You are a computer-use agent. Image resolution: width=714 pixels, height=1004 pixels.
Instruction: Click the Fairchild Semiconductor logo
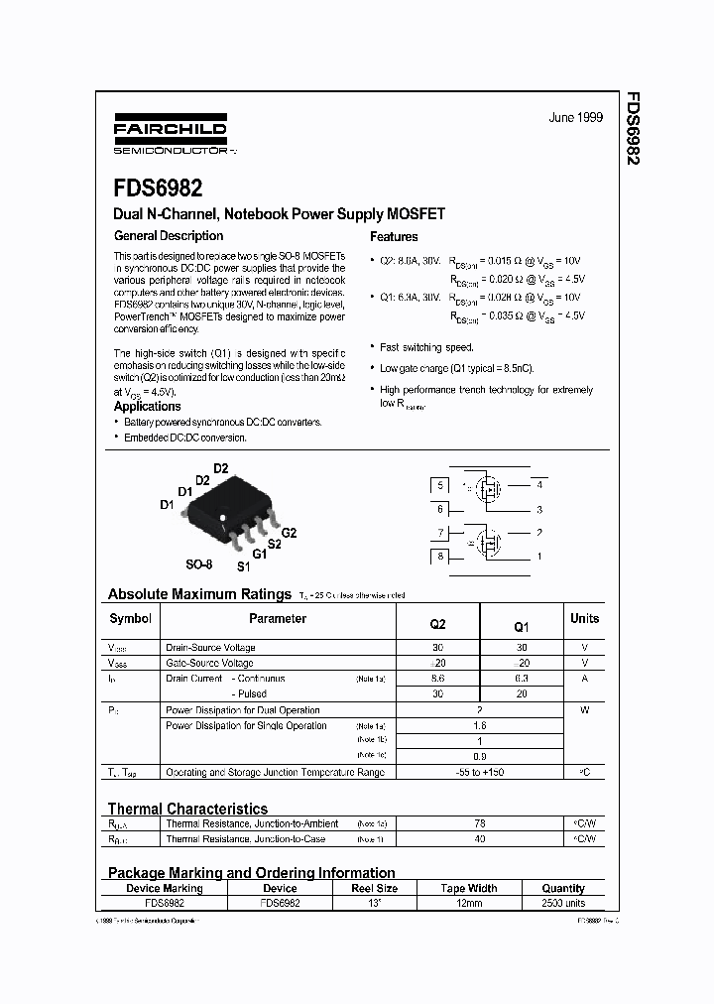170,138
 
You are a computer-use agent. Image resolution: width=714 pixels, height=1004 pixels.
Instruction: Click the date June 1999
575,117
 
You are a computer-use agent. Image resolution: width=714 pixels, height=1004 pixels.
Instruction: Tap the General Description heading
169,236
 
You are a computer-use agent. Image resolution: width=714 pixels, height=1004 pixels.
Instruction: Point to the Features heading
394,237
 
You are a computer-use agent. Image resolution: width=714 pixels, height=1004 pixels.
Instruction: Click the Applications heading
147,407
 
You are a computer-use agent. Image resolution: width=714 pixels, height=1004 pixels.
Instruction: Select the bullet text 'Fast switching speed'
427,347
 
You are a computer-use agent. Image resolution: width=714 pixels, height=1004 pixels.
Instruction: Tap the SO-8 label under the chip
199,564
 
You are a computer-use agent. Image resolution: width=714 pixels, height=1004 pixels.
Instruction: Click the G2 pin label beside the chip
290,533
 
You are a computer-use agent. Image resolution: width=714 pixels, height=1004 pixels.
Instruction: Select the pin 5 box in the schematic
438,485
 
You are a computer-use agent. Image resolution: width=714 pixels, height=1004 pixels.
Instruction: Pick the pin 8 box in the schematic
438,557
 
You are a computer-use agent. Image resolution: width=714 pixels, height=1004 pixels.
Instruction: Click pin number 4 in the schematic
539,485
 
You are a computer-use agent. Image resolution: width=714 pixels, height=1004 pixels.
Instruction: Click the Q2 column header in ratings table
437,625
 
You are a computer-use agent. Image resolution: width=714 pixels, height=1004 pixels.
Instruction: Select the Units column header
584,618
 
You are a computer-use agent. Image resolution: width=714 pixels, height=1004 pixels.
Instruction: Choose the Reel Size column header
374,889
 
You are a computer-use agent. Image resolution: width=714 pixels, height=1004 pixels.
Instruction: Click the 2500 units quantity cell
563,904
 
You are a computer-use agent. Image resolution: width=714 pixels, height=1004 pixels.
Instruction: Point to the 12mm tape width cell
468,904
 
